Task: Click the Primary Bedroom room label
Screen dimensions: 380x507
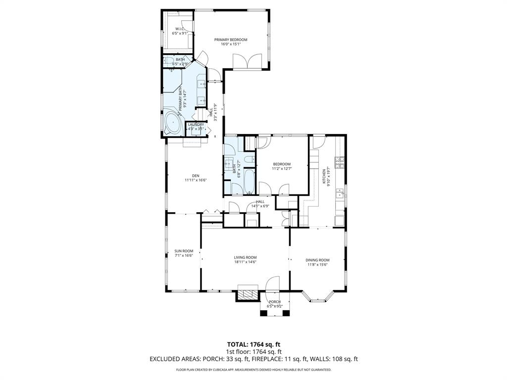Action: coord(230,40)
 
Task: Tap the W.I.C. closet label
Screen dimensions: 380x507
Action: coord(179,29)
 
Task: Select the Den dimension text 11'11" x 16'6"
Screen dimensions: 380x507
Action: coord(196,180)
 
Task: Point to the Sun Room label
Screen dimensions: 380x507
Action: coord(183,251)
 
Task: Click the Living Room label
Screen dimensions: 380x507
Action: coord(245,257)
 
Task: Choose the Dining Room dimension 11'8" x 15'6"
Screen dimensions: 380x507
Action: coord(317,265)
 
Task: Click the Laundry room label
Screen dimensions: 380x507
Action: coord(196,125)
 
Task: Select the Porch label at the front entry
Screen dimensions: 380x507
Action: coord(274,302)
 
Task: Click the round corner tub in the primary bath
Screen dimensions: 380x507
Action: coord(173,123)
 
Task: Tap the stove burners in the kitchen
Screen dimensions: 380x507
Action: coord(340,162)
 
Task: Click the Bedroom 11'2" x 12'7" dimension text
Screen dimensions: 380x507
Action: coord(281,169)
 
